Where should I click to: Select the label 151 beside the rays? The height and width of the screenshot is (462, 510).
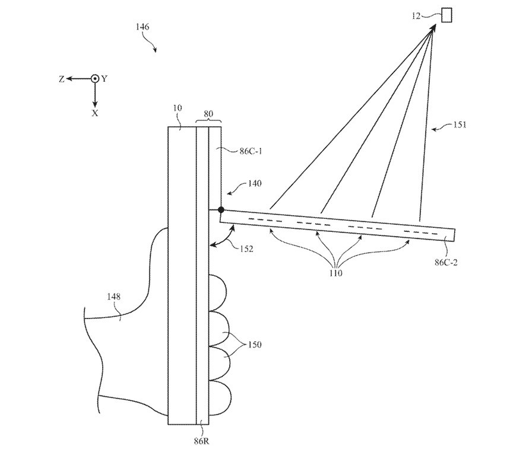pyautogui.click(x=458, y=125)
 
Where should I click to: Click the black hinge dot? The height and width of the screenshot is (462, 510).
pyautogui.click(x=221, y=210)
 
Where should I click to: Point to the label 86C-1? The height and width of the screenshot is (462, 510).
pyautogui.click(x=236, y=151)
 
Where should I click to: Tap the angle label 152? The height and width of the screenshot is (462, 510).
pyautogui.click(x=245, y=249)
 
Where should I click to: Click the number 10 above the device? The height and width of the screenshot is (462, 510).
pyautogui.click(x=178, y=109)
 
